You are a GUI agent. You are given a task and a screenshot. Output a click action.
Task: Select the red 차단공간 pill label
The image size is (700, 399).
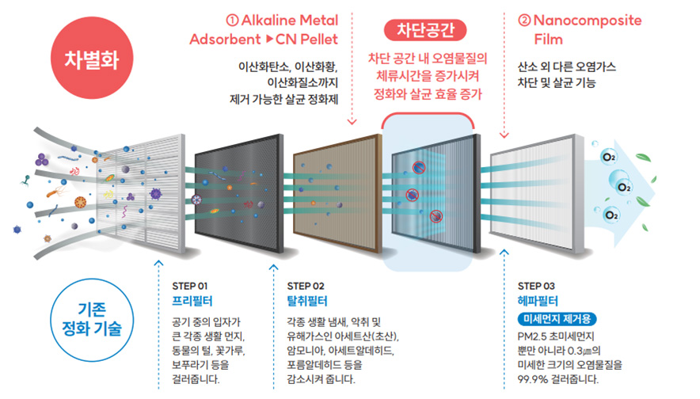427,31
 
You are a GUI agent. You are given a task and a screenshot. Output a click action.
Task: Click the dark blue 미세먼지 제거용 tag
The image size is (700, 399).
555,319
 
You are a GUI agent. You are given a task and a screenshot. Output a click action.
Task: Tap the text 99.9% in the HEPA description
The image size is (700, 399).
533,379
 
